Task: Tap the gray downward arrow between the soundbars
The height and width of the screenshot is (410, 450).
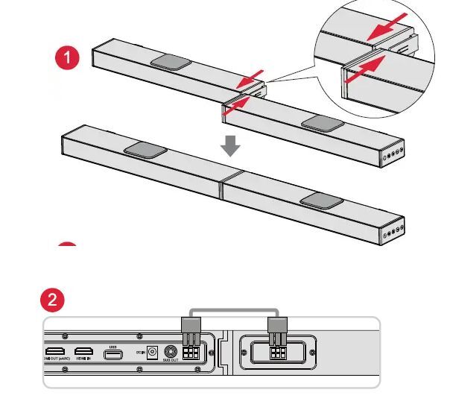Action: pos(231,145)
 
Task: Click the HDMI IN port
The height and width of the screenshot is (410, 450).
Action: pos(83,351)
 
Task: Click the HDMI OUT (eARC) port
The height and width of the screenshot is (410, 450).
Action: pos(54,351)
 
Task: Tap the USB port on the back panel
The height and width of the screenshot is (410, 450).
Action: pos(114,353)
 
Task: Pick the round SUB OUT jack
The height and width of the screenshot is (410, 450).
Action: pos(170,352)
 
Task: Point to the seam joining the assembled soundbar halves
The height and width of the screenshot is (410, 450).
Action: pos(222,187)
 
